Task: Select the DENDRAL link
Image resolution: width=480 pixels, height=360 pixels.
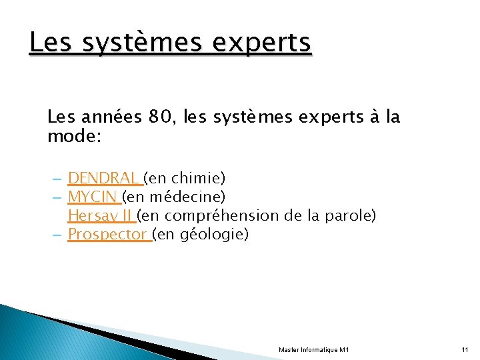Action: click(105, 178)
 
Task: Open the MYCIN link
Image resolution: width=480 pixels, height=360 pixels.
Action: click(93, 197)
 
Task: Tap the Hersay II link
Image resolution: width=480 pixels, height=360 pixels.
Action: click(101, 215)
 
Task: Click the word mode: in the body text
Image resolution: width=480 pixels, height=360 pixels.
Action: click(74, 136)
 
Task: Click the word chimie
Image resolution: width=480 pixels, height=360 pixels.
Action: click(198, 178)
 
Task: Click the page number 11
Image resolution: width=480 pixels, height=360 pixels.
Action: click(465, 350)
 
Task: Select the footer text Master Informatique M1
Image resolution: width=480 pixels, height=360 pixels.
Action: click(313, 350)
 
